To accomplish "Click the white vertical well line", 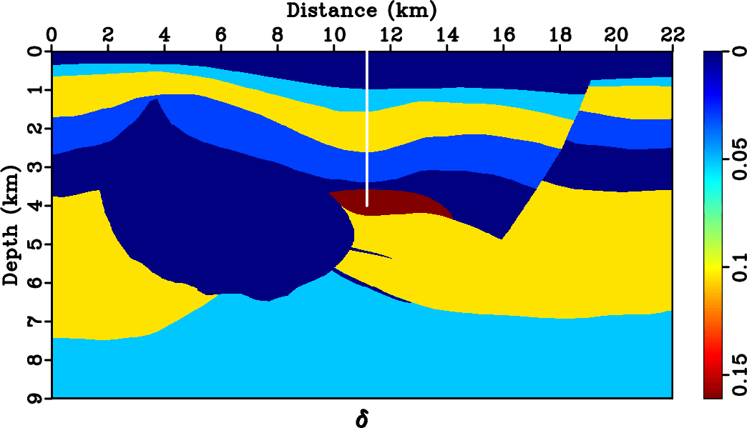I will click(x=366, y=129).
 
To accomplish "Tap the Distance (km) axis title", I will click(x=361, y=10).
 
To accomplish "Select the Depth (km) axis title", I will click(x=10, y=224).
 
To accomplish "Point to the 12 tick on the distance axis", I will click(x=391, y=34).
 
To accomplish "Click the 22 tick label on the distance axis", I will click(x=673, y=34).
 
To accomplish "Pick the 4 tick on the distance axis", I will click(x=165, y=34).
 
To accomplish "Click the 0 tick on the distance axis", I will click(x=52, y=34).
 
